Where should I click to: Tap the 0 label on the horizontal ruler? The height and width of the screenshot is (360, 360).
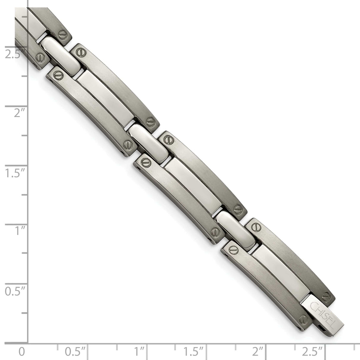point(21,351)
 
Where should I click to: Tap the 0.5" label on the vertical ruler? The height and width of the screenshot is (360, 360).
point(14,291)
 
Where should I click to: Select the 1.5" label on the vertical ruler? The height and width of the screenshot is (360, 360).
point(14,173)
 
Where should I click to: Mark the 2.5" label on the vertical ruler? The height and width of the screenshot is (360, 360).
point(14,54)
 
